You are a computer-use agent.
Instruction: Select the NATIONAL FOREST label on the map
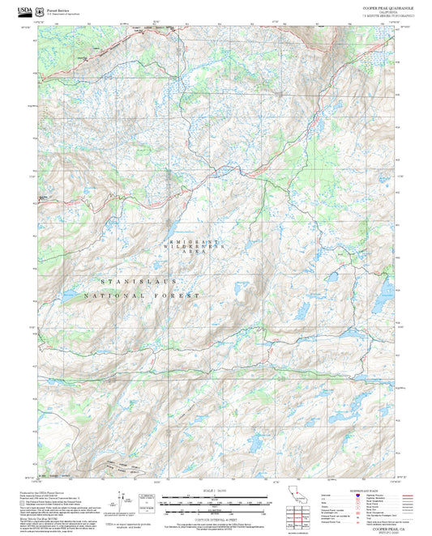point(141,296)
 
